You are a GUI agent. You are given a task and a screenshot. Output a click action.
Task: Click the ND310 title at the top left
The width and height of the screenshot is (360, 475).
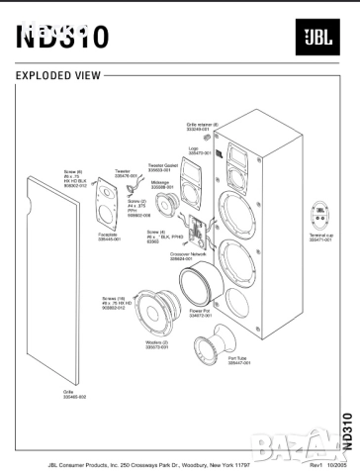click(58, 36)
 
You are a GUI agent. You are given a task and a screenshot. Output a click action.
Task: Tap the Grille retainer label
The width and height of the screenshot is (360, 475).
click(202, 126)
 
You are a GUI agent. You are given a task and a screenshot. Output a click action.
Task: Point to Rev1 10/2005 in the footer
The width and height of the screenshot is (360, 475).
click(313, 464)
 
